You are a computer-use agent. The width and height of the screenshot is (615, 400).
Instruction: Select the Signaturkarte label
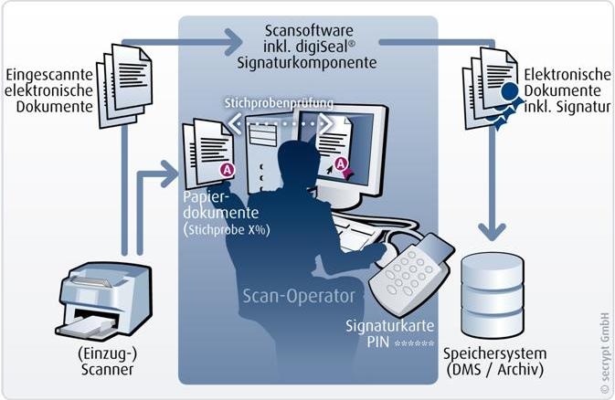[385, 326]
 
